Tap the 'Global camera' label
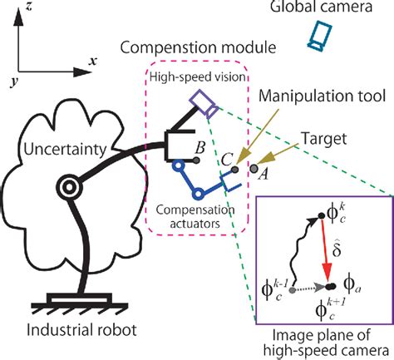(317, 8)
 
